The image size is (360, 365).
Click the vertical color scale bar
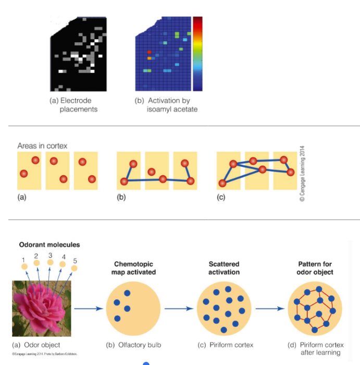tap(197, 54)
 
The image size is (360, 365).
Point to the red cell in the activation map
tap(149, 53)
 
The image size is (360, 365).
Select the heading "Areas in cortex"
tap(43, 145)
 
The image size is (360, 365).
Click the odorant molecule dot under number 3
tap(49, 264)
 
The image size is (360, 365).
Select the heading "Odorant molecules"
tap(49, 245)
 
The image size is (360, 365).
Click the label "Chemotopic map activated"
tap(133, 268)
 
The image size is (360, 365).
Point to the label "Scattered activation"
tap(224, 268)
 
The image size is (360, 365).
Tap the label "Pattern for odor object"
tap(316, 268)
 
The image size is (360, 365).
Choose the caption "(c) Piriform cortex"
tap(224, 345)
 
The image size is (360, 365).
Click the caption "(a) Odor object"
tap(36, 345)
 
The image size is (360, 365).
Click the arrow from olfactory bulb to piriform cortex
tap(178, 308)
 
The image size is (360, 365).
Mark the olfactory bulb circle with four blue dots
tap(133, 308)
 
